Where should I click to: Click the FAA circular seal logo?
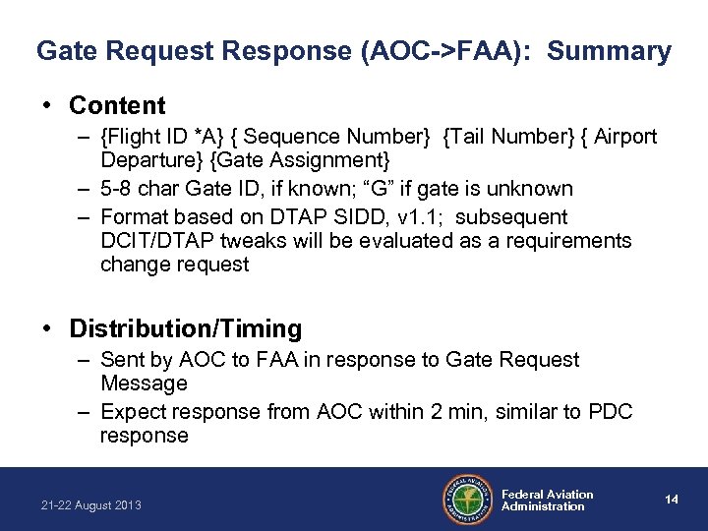point(467,500)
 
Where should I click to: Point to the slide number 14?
point(671,500)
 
